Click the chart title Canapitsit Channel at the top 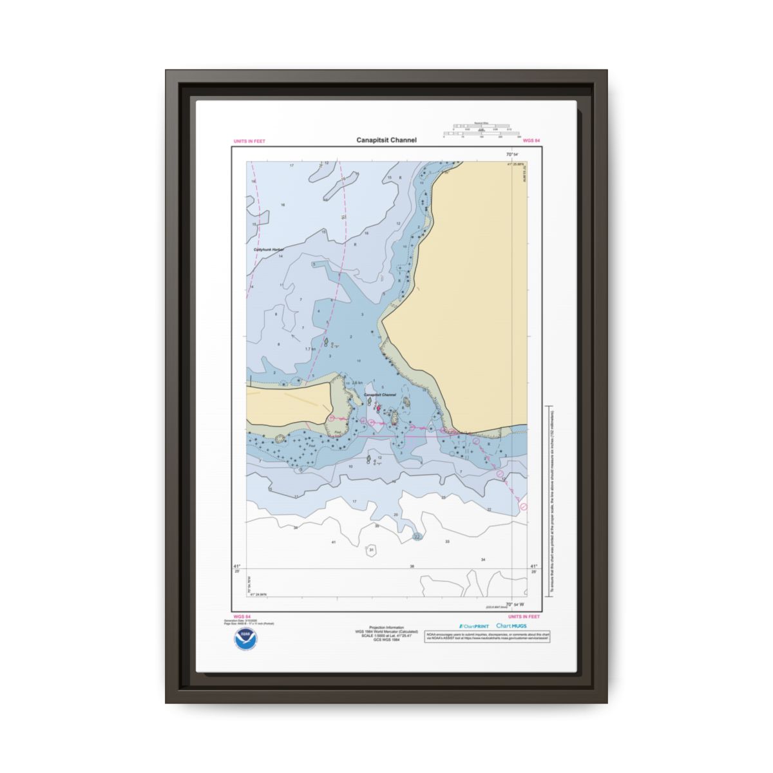coord(386,140)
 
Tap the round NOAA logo coord(244,638)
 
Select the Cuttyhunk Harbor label coord(269,249)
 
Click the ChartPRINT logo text coord(474,626)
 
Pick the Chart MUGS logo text coord(511,626)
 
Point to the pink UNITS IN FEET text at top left coord(249,141)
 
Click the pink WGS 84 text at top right coord(531,140)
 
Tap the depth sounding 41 coord(334,542)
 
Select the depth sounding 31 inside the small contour coord(371,549)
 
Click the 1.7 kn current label coord(310,348)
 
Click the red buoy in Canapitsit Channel coord(377,407)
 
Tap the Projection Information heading coord(386,627)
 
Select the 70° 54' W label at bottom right coord(515,604)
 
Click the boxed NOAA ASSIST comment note coord(488,636)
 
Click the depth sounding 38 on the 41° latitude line coord(412,566)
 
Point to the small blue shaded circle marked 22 coord(417,536)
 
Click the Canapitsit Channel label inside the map coord(380,395)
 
